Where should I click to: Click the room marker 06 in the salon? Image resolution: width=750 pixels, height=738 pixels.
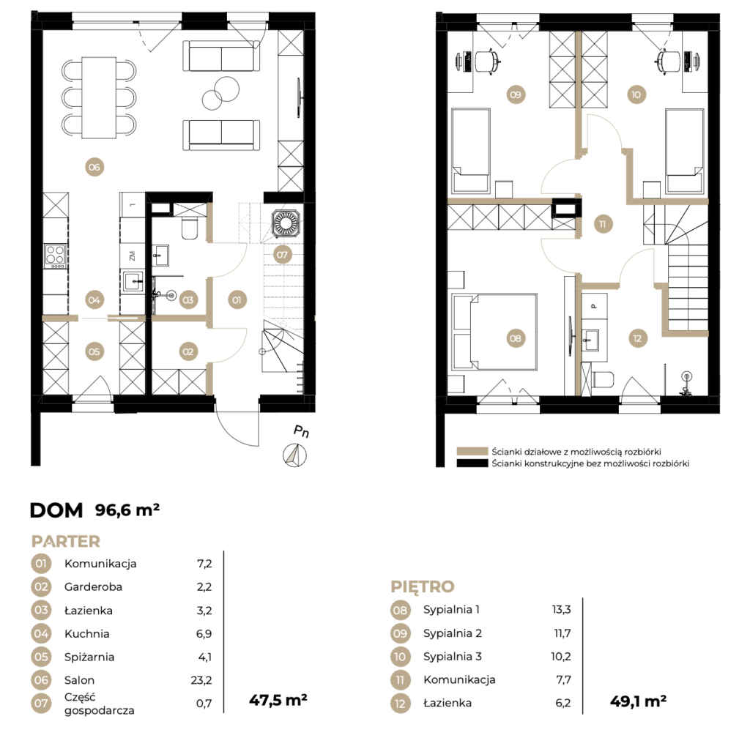pos(94,167)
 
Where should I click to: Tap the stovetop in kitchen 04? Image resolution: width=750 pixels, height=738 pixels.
pos(55,256)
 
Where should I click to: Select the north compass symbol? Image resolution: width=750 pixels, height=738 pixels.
pos(294,455)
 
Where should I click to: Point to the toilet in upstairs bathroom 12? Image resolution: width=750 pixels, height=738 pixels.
pos(603,380)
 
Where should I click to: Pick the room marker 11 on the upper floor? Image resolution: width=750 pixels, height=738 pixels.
pos(602,224)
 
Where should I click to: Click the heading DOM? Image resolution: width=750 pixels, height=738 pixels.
pos(56,510)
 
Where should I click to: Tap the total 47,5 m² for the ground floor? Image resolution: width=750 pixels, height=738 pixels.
pos(278,700)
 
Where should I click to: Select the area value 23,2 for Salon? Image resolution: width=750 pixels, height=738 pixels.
pos(201,679)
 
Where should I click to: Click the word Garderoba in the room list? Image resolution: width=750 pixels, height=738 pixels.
pos(93,586)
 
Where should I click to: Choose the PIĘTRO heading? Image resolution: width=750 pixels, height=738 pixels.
pos(423,586)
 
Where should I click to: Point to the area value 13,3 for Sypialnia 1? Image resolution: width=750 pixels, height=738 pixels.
pos(561,609)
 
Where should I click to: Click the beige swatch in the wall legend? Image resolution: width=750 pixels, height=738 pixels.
pos(472,452)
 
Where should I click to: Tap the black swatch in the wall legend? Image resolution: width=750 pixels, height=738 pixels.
pos(472,463)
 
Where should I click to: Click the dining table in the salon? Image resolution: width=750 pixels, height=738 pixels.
pos(99,97)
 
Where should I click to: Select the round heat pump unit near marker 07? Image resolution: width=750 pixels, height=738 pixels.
pos(286,223)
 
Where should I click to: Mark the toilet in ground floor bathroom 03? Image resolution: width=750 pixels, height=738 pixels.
pos(190,228)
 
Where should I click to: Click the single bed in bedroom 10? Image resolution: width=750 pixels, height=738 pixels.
pos(685,151)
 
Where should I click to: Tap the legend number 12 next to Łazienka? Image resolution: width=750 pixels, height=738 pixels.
pos(401,703)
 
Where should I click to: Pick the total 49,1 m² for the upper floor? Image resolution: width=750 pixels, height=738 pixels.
pos(638,701)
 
